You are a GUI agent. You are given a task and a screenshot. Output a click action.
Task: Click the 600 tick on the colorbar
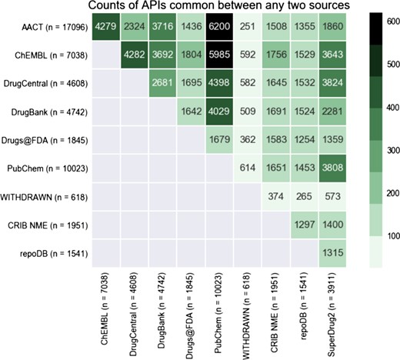[388, 22]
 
